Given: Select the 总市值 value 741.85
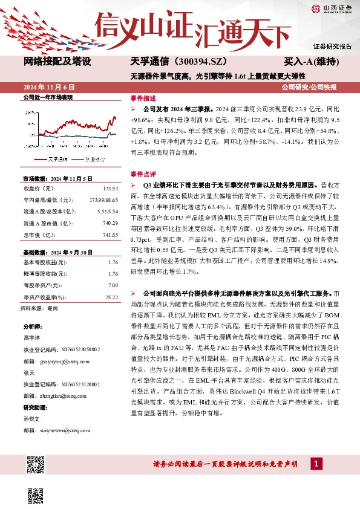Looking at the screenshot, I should (x=110, y=235).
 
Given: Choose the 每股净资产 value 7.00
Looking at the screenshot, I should (x=113, y=284).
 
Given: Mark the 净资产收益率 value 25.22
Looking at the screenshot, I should (x=112, y=297).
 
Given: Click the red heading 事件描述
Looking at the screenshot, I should (x=143, y=98).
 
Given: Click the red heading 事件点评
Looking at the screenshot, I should (x=143, y=173).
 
